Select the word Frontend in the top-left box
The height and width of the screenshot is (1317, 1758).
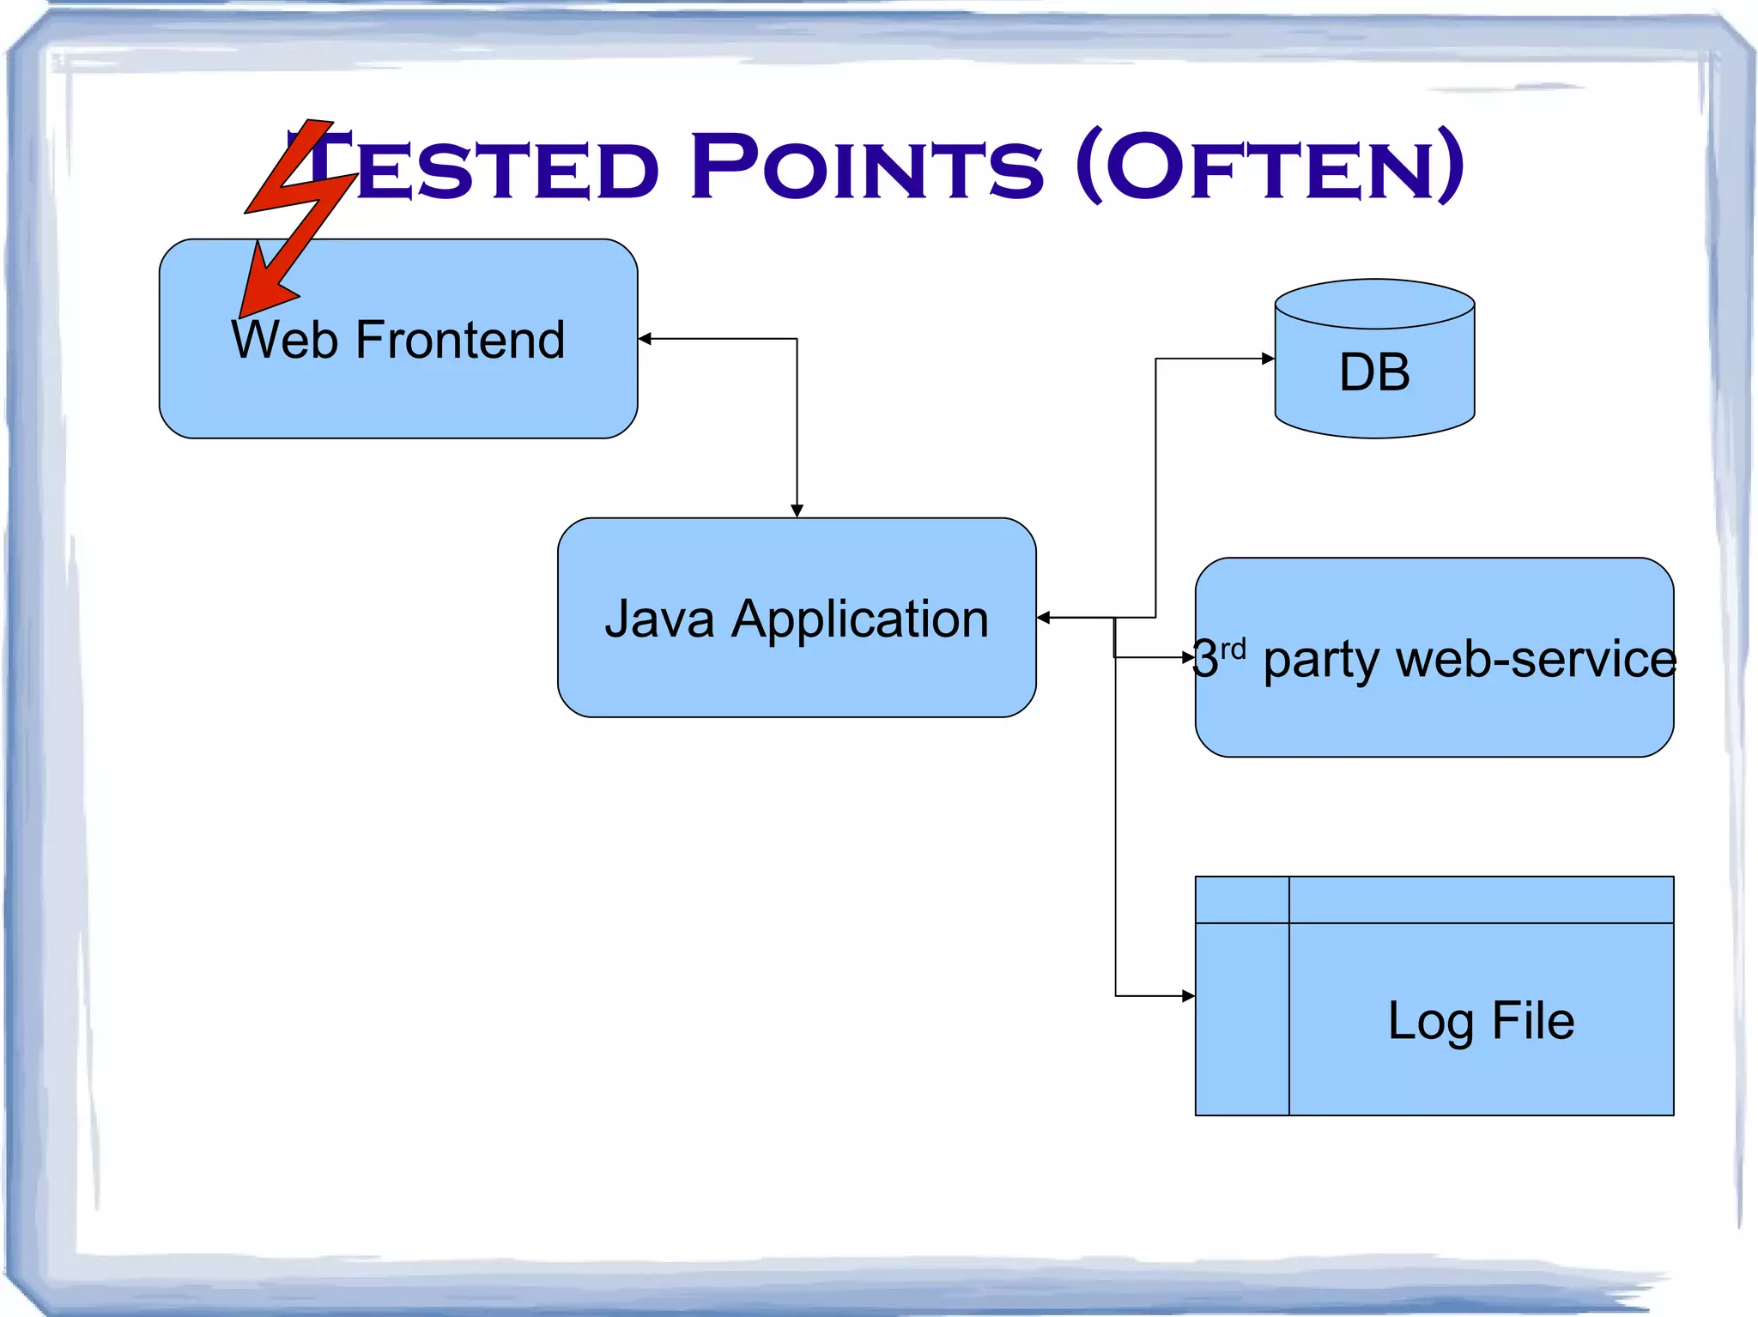460,340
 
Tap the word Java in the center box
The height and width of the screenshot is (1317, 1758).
659,619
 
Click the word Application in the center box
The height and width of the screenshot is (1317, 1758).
860,620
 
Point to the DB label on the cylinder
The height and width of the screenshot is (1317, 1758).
1374,372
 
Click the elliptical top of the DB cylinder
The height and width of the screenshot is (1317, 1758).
1374,304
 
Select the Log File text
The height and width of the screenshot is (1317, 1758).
1481,1021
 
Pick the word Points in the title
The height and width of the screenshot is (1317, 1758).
867,166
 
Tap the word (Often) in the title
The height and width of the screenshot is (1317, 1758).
1270,166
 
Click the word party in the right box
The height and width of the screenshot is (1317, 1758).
1321,661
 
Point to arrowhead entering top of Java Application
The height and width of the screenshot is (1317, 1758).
797,510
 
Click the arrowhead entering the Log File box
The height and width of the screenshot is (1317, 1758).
1188,996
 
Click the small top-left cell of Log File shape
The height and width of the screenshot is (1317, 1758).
1241,899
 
